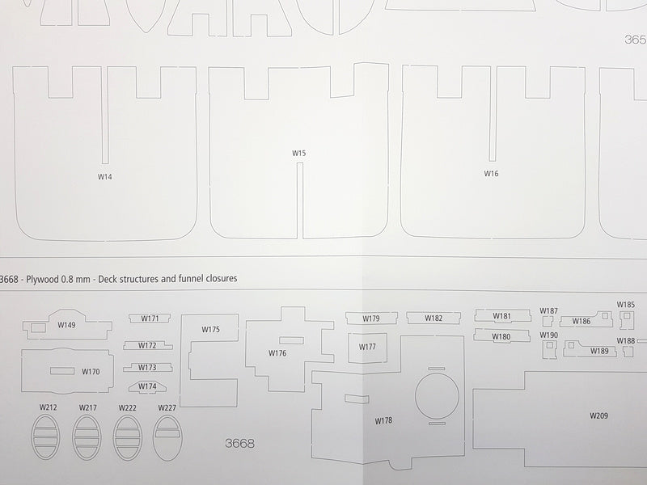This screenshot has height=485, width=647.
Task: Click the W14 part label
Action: (105, 176)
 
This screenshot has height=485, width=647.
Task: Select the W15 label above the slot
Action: (299, 153)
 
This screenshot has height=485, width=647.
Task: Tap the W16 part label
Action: (491, 174)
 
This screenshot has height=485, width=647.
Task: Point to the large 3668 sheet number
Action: (239, 443)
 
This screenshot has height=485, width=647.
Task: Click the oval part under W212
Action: (45, 437)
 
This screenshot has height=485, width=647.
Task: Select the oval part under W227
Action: (167, 437)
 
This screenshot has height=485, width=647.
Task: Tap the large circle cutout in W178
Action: (437, 396)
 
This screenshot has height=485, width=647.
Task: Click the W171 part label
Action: (150, 318)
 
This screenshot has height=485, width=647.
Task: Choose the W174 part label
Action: (147, 386)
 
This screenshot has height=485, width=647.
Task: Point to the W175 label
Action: (211, 330)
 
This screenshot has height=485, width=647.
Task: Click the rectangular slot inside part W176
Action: (291, 340)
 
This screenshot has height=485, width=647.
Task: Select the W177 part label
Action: (367, 347)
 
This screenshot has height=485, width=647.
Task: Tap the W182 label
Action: (433, 318)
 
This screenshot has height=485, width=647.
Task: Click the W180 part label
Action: (501, 336)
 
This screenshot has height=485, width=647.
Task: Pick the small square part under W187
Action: (548, 321)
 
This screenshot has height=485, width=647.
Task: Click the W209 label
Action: (598, 415)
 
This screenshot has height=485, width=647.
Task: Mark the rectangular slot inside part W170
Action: (62, 371)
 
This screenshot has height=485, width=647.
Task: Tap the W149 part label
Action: (66, 325)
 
